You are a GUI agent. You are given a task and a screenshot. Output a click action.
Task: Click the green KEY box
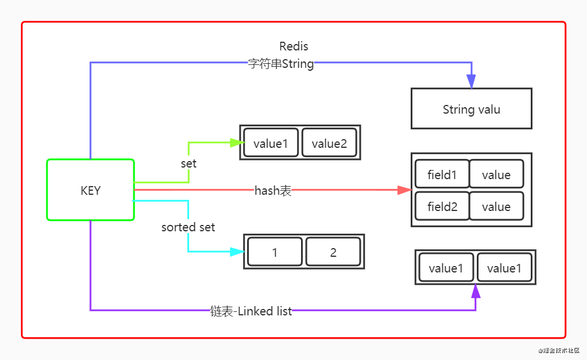pyautogui.click(x=90, y=190)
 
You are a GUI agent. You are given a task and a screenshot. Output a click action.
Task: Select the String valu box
pyautogui.click(x=471, y=109)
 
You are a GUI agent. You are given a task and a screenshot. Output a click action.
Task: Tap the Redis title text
pyautogui.click(x=293, y=46)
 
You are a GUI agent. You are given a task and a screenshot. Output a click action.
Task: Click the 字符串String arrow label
pyautogui.click(x=281, y=64)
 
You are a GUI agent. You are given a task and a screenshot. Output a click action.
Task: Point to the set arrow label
pyautogui.click(x=189, y=164)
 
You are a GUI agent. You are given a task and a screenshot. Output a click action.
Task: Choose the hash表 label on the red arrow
pyautogui.click(x=273, y=190)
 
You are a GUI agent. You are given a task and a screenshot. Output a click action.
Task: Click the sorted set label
pyautogui.click(x=188, y=227)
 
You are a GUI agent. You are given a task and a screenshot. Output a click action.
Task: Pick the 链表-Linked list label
pyautogui.click(x=251, y=311)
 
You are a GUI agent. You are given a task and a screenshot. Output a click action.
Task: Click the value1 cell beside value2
pyautogui.click(x=271, y=143)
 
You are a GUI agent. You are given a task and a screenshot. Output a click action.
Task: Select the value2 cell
pyautogui.click(x=329, y=143)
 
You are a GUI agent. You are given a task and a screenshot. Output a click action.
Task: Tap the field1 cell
pyautogui.click(x=442, y=174)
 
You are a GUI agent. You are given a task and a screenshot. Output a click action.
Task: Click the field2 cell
pyautogui.click(x=442, y=206)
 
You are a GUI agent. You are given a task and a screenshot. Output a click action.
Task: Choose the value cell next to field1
pyautogui.click(x=496, y=174)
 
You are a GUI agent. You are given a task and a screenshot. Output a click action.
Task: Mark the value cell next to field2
pyautogui.click(x=496, y=206)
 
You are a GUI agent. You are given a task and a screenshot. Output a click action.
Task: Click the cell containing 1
pyautogui.click(x=275, y=252)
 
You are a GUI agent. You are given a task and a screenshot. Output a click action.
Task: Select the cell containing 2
pyautogui.click(x=333, y=252)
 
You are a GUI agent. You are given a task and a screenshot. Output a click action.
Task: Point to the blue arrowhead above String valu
pyautogui.click(x=472, y=82)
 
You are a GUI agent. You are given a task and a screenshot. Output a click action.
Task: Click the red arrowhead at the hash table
pyautogui.click(x=404, y=190)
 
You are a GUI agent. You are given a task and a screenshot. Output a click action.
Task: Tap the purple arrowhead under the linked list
pyautogui.click(x=476, y=291)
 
